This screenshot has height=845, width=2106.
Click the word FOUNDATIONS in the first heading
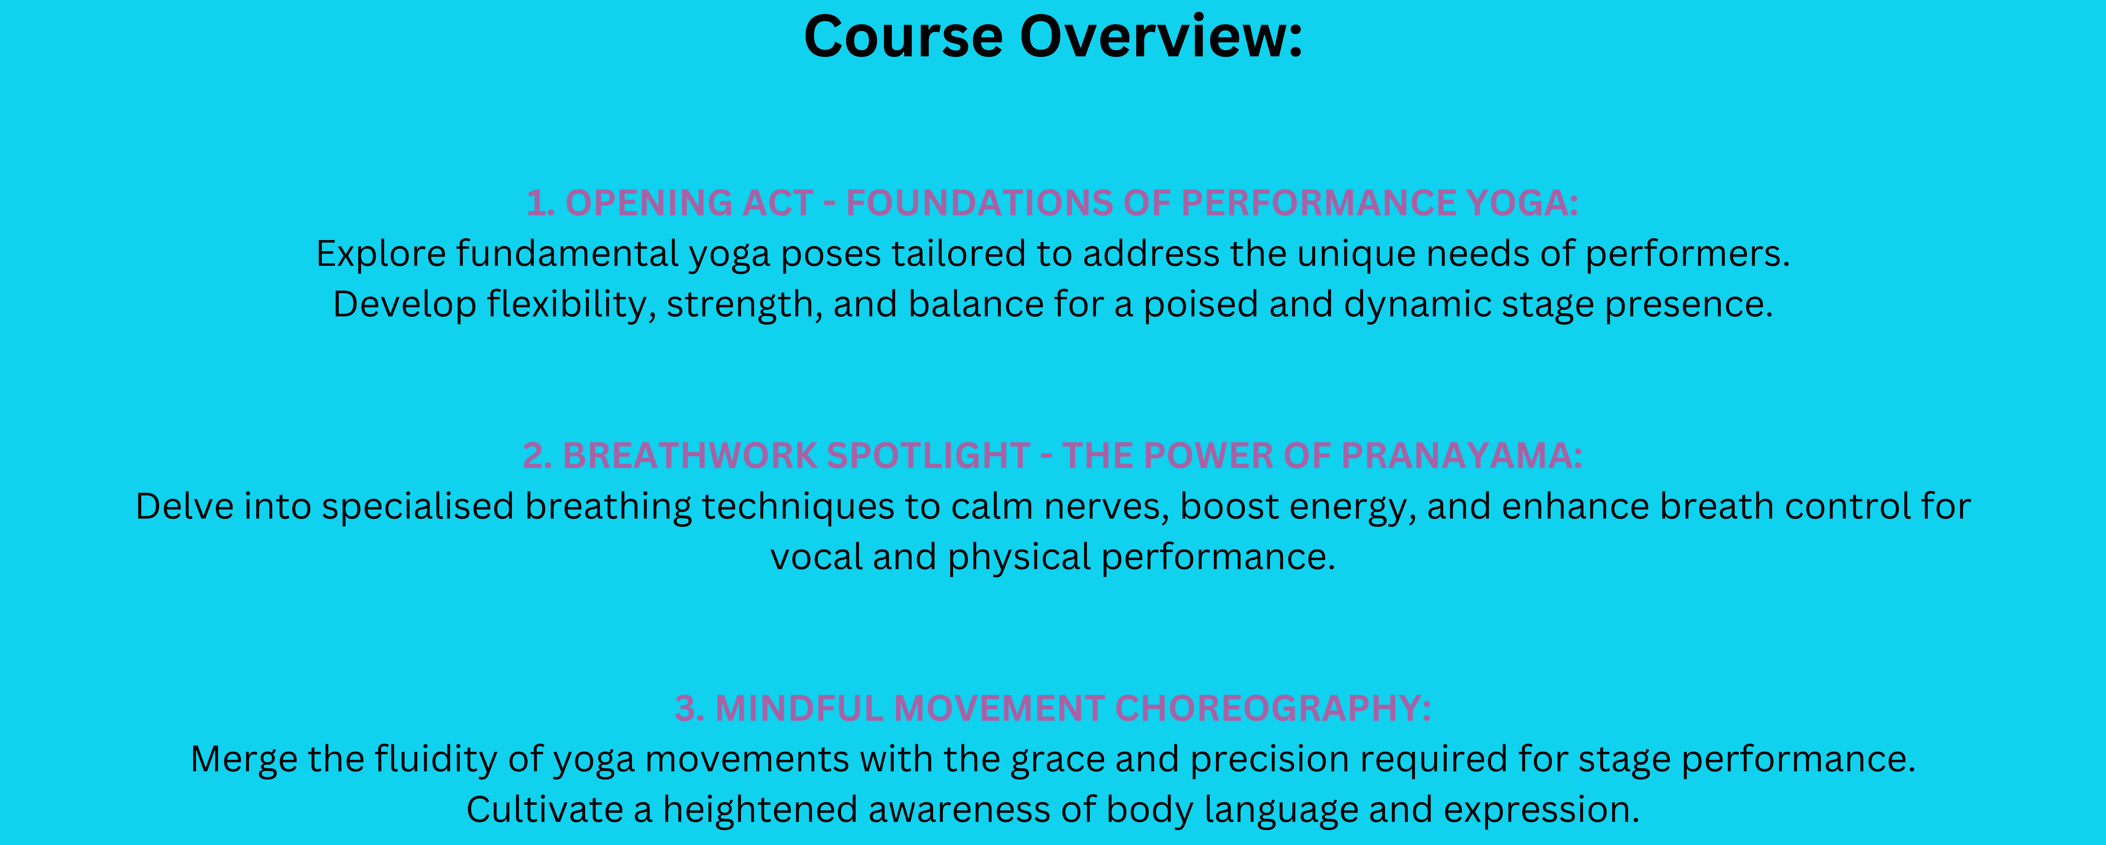coord(980,203)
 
